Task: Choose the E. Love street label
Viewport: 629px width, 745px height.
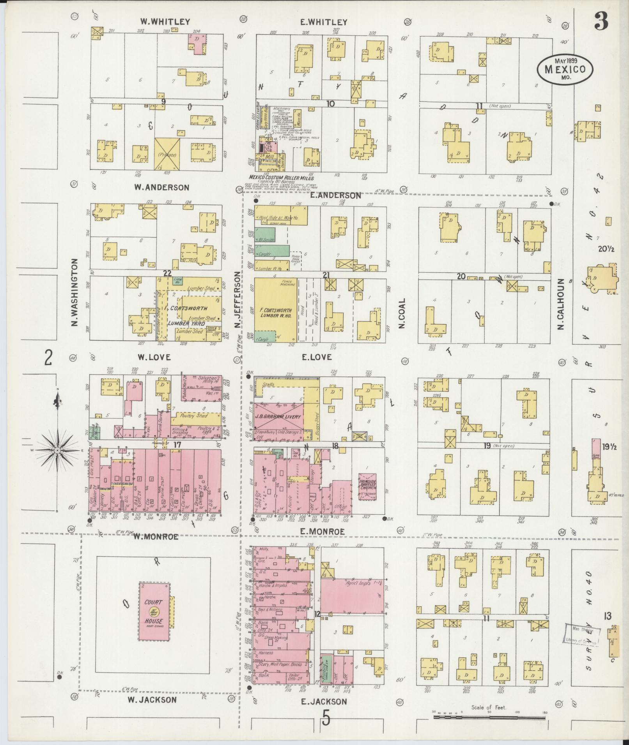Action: (x=316, y=357)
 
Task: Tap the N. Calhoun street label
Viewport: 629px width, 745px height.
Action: (x=561, y=304)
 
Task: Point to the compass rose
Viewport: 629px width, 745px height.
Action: (x=58, y=450)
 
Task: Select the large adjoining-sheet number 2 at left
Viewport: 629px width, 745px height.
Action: (x=48, y=358)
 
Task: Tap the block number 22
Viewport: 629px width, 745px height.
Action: (x=167, y=274)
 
